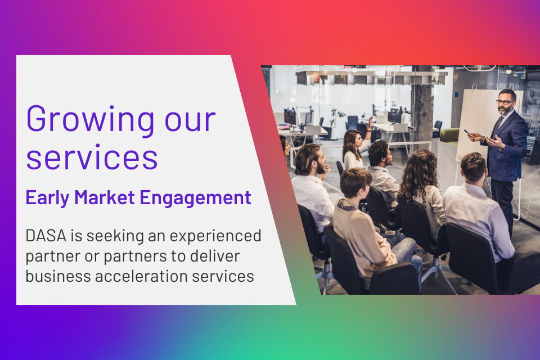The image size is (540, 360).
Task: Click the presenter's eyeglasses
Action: (505, 102)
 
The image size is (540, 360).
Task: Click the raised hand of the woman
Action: (370, 122)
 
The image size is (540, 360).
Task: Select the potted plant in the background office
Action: (336, 116)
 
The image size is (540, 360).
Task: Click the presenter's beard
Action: (504, 110)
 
